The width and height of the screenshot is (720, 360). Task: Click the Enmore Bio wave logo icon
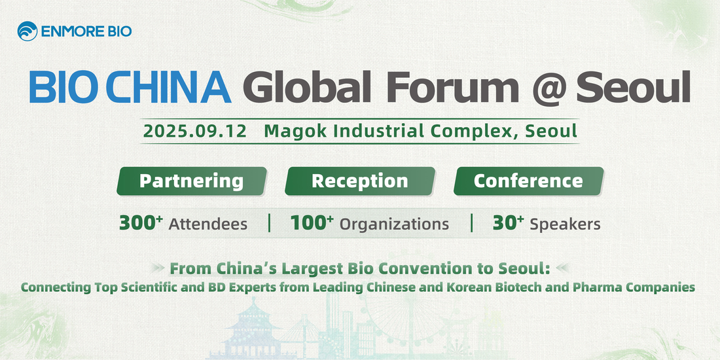click(x=27, y=31)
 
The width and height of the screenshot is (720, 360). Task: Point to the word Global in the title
click(x=307, y=86)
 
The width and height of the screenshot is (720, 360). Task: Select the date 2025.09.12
click(x=194, y=131)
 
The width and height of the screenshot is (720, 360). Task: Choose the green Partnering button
click(x=192, y=181)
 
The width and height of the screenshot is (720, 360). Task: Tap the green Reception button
click(x=360, y=181)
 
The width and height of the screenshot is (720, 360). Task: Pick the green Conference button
click(x=528, y=181)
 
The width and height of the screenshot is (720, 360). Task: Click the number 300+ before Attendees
click(x=141, y=223)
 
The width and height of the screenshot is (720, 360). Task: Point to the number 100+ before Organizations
click(x=312, y=223)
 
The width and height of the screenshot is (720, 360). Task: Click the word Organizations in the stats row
click(x=394, y=224)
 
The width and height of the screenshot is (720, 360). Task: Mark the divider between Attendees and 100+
click(x=269, y=223)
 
